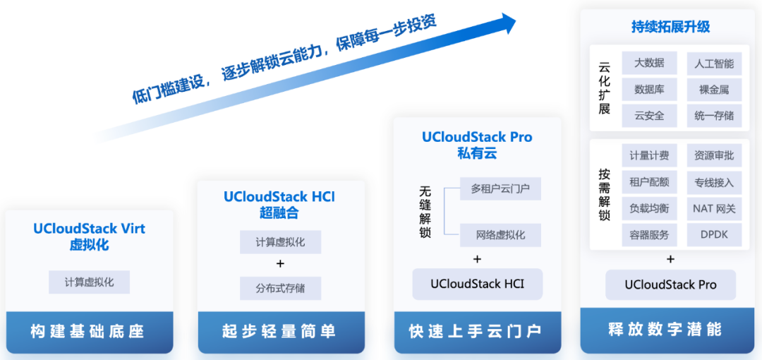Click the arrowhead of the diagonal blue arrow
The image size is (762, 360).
pyautogui.click(x=508, y=23)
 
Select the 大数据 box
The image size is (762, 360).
pyautogui.click(x=649, y=64)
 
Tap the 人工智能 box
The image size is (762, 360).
pyautogui.click(x=714, y=64)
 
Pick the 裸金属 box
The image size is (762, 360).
pyautogui.click(x=714, y=90)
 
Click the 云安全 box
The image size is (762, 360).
pyautogui.click(x=649, y=116)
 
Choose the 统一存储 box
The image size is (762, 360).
pyautogui.click(x=714, y=116)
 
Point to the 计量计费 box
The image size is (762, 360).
pyautogui.click(x=649, y=156)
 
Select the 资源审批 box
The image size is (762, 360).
pyautogui.click(x=714, y=156)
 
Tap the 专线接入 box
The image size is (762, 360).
pyautogui.click(x=714, y=182)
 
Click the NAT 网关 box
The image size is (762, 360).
pyautogui.click(x=714, y=209)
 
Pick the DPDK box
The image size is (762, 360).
pyautogui.click(x=714, y=235)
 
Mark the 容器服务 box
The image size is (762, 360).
pyautogui.click(x=649, y=235)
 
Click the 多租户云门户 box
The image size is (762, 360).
pyautogui.click(x=500, y=188)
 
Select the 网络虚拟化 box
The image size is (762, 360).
pyautogui.click(x=500, y=234)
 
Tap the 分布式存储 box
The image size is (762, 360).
pyautogui.click(x=280, y=288)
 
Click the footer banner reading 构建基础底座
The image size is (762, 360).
pyautogui.click(x=90, y=332)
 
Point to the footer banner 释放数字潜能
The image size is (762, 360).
pyautogui.click(x=667, y=330)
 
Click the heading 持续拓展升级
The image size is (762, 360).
pyautogui.click(x=671, y=26)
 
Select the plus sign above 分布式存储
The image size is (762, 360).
pyautogui.click(x=280, y=264)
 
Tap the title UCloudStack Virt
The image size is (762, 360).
pyautogui.click(x=90, y=228)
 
